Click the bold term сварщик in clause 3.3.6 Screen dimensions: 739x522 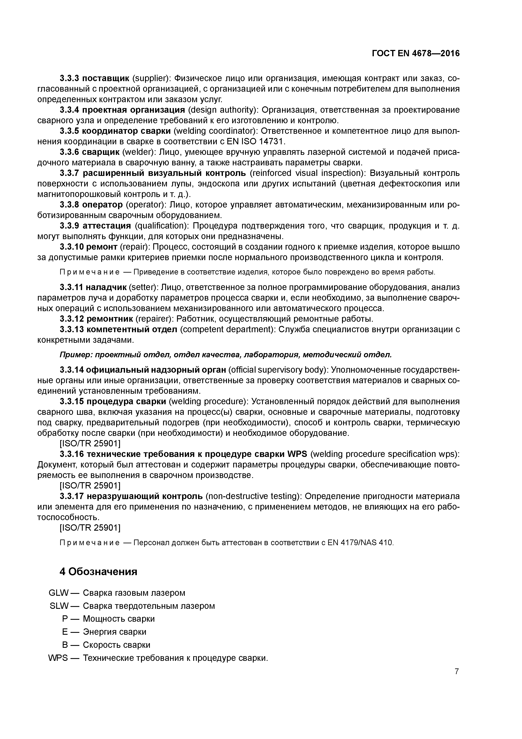101,152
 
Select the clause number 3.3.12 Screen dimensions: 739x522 72,319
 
